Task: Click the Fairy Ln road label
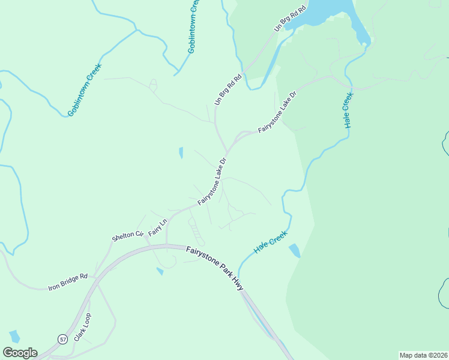157,227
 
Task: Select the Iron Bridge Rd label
68,283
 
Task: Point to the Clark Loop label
82,327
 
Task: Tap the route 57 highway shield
62,339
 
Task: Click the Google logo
20,353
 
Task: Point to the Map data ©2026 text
423,355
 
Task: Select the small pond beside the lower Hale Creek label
294,250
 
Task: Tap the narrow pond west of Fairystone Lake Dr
181,153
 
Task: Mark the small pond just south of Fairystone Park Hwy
160,271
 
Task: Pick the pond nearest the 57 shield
15,336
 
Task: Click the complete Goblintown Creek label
85,89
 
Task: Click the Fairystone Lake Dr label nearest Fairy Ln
212,181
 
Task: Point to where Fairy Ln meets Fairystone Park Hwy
167,244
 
